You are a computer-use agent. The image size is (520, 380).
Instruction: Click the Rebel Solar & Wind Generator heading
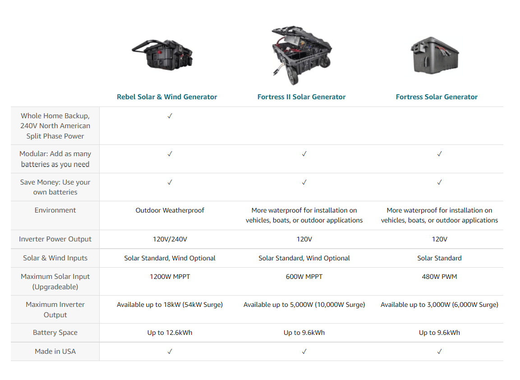click(x=167, y=97)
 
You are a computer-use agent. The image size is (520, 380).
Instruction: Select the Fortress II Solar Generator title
click(x=301, y=97)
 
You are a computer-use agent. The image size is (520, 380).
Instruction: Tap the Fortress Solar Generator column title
click(x=437, y=97)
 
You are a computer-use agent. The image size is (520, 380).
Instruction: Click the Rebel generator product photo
click(x=162, y=55)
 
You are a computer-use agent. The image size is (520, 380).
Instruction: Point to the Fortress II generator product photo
click(x=301, y=55)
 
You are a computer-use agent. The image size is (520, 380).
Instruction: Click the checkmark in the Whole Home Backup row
click(x=170, y=116)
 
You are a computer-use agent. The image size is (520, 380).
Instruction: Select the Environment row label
click(x=55, y=210)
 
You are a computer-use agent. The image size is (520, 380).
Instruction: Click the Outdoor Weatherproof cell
click(x=170, y=210)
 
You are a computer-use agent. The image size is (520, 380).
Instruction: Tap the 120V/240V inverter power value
click(x=170, y=239)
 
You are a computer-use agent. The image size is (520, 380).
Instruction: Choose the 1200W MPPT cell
click(x=170, y=277)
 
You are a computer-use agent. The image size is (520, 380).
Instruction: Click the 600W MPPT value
click(x=304, y=277)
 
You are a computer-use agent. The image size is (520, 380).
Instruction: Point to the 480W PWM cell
click(x=439, y=277)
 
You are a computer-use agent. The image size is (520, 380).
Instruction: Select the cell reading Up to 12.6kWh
click(x=170, y=333)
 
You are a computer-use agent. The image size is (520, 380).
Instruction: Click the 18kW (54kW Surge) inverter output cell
click(x=170, y=305)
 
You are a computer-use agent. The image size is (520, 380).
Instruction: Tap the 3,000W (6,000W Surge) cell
click(x=439, y=305)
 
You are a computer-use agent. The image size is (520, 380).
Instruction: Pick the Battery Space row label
click(x=55, y=333)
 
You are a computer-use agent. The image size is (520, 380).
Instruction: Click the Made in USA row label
click(x=55, y=352)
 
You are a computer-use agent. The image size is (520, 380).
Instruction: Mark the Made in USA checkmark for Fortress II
click(x=304, y=352)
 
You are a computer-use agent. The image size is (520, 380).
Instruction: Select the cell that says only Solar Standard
click(x=439, y=258)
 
